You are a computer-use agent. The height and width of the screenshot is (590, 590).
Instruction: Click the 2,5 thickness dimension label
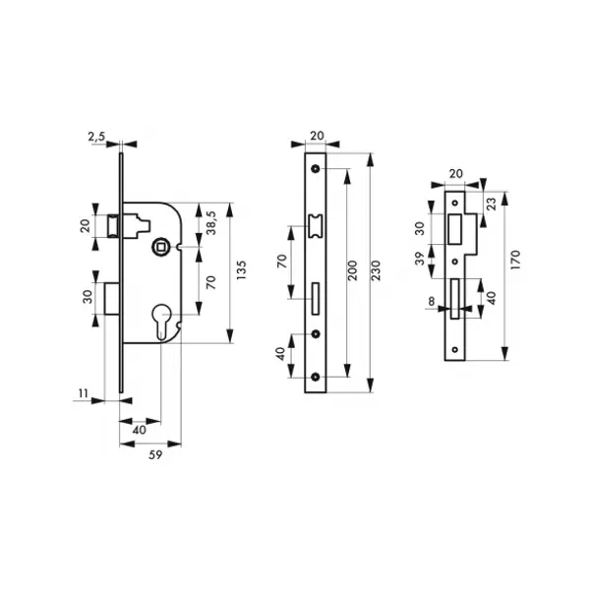[x=96, y=137]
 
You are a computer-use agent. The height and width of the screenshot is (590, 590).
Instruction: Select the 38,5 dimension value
[x=211, y=223]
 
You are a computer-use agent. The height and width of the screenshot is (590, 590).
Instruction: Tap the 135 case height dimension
[x=241, y=269]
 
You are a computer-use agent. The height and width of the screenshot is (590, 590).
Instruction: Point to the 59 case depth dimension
[x=155, y=455]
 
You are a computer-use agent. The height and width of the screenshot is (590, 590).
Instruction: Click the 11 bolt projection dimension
[x=84, y=393]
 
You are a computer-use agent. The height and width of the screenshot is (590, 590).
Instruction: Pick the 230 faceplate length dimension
[x=376, y=270]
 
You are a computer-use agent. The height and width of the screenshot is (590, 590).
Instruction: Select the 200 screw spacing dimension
[x=353, y=270]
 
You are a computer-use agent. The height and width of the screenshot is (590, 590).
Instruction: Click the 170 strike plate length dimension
[x=515, y=260]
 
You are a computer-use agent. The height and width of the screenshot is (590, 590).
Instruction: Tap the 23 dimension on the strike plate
[x=492, y=204]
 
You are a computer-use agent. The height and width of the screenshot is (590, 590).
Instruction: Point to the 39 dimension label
[x=420, y=259]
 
